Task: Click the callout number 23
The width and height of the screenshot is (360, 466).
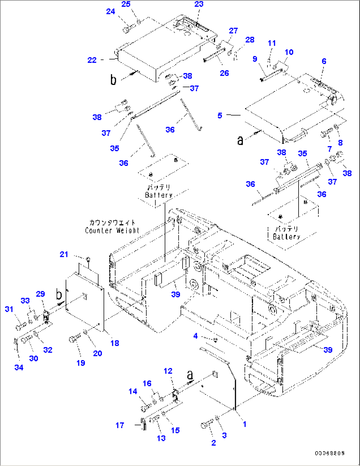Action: pos(199,4)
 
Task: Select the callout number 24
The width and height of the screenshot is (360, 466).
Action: pos(110,12)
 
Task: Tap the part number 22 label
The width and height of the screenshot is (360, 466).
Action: pos(92,60)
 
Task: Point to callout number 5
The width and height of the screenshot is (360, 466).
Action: pos(220,116)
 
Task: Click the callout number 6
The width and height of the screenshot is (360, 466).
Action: pos(324,61)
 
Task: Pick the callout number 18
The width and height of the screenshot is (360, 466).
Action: pos(115,343)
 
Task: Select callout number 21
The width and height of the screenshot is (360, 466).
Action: pos(64,254)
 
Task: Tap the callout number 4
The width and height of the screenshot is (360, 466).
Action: pos(195,336)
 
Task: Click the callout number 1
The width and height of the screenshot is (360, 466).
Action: pos(244,424)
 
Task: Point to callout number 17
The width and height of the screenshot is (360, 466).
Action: pos(120,425)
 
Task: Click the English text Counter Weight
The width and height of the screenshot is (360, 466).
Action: pos(112,231)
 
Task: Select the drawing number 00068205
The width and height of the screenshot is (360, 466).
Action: pos(329,453)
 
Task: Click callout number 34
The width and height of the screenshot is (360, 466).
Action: pos(19,368)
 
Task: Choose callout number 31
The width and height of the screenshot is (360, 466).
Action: pos(9,309)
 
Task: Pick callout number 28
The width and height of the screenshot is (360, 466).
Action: pos(250,40)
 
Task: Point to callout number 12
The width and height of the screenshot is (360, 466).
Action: pos(168,371)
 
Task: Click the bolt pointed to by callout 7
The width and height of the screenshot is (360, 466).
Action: pos(326,134)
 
